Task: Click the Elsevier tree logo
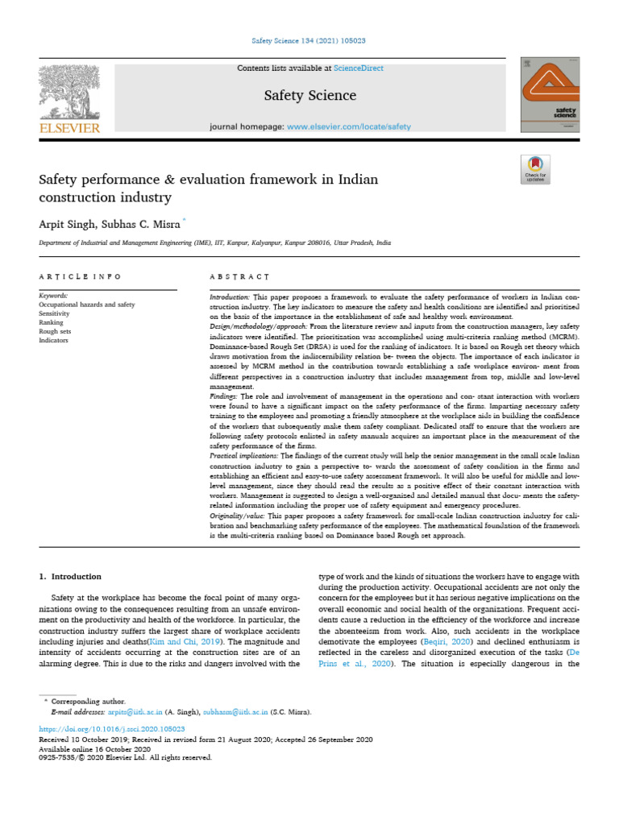click(69, 92)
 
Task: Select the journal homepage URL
click(348, 126)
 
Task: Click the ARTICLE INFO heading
click(80, 276)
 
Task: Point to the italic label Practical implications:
click(244, 455)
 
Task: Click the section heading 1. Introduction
click(71, 576)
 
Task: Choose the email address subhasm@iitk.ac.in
click(231, 712)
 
